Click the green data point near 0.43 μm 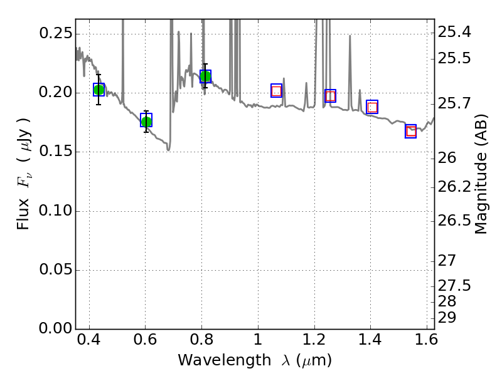pos(99,90)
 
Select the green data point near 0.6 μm pos(146,121)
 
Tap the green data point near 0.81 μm pos(205,77)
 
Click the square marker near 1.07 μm pos(277,91)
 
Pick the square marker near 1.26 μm pos(330,96)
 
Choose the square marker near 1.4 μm pos(372,107)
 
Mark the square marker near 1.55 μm pos(411,131)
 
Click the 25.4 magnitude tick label pos(455,33)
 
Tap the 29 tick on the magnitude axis pos(447,318)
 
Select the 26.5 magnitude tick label pos(455,221)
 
